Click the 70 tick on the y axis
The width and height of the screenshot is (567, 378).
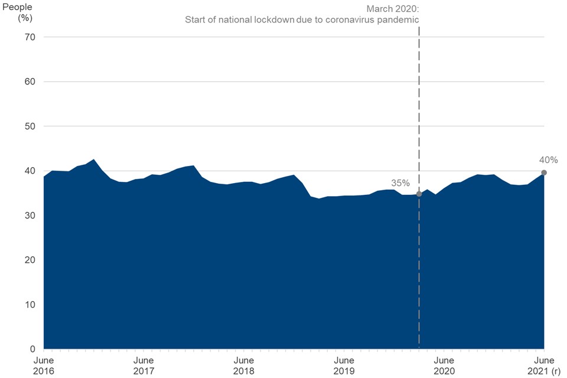click(30, 37)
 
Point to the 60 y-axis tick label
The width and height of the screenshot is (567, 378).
click(30, 82)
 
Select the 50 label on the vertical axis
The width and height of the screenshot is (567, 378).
click(30, 126)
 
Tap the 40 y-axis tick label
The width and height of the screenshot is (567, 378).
click(30, 171)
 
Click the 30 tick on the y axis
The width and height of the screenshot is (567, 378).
click(30, 216)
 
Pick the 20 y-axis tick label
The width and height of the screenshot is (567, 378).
click(30, 260)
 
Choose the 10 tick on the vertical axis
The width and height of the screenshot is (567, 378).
click(30, 305)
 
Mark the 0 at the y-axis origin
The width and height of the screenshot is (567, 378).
click(32, 349)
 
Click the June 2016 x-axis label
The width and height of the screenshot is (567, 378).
click(44, 366)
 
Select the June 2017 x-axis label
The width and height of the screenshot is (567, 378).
click(144, 366)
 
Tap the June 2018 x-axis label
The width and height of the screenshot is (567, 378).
click(243, 366)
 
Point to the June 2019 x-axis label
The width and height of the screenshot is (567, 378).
click(344, 366)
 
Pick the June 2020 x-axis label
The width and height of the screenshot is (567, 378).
click(444, 366)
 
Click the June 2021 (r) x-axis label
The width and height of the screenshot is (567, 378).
click(543, 366)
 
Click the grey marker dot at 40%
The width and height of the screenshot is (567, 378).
click(544, 172)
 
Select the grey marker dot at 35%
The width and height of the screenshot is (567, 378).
click(419, 194)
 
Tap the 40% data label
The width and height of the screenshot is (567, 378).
click(548, 159)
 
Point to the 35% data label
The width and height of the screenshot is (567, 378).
click(400, 183)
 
